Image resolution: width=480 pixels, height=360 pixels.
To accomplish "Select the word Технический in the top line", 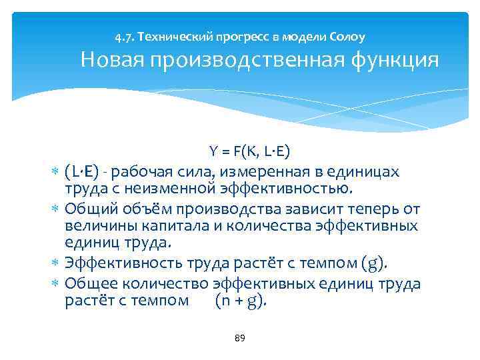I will pos(172,36).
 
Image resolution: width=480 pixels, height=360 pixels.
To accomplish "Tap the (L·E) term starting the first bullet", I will pos(83,172).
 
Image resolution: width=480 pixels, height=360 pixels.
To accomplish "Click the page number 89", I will pos(240,339).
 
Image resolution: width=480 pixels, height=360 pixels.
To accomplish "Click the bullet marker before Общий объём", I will pos(55,210).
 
